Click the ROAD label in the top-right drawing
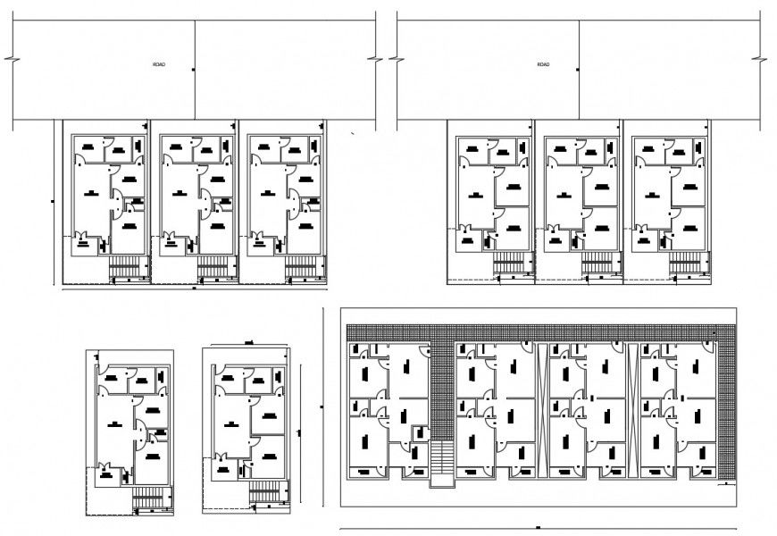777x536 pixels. (x=543, y=65)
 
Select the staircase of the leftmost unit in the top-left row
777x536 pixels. (x=129, y=266)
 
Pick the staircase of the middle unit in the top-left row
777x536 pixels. (x=215, y=266)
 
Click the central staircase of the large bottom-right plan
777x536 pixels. (x=441, y=463)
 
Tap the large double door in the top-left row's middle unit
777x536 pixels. (x=204, y=205)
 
